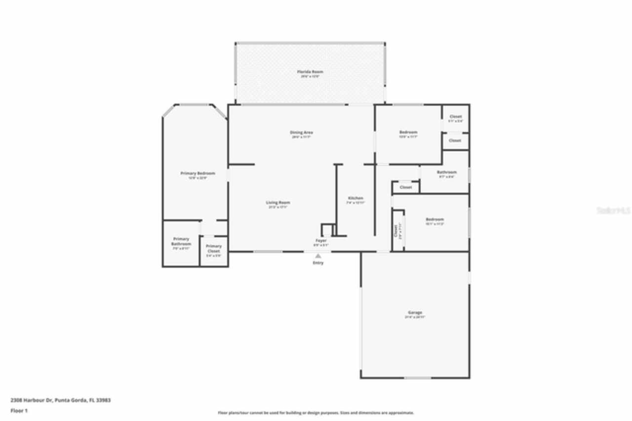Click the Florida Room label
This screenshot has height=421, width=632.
pos(310,72)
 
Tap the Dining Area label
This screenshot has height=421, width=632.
pos(301,132)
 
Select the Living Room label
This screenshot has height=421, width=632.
pos(278,203)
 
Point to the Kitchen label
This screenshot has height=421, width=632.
pos(355,198)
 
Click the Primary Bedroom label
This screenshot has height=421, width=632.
pos(197,173)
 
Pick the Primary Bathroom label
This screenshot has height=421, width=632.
pos(181,242)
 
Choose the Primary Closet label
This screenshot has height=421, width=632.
pos(214,249)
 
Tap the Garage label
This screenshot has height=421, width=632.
pos(415,313)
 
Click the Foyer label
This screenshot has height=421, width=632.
pos(321,241)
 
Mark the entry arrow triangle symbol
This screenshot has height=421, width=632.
pos(318,256)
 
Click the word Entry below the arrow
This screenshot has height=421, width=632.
pos(318,263)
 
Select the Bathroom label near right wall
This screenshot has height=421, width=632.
pos(446,172)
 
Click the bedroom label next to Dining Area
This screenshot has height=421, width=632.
pos(408,132)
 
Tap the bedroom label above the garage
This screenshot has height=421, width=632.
pos(434,219)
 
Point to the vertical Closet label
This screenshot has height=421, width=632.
pos(395,230)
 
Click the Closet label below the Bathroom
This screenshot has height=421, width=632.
pos(405,188)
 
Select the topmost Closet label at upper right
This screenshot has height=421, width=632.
pos(455,117)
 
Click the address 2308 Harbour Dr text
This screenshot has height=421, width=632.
pos(60,400)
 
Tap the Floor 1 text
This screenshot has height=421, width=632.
pos(19,411)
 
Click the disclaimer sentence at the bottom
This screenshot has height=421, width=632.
pos(316,413)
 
